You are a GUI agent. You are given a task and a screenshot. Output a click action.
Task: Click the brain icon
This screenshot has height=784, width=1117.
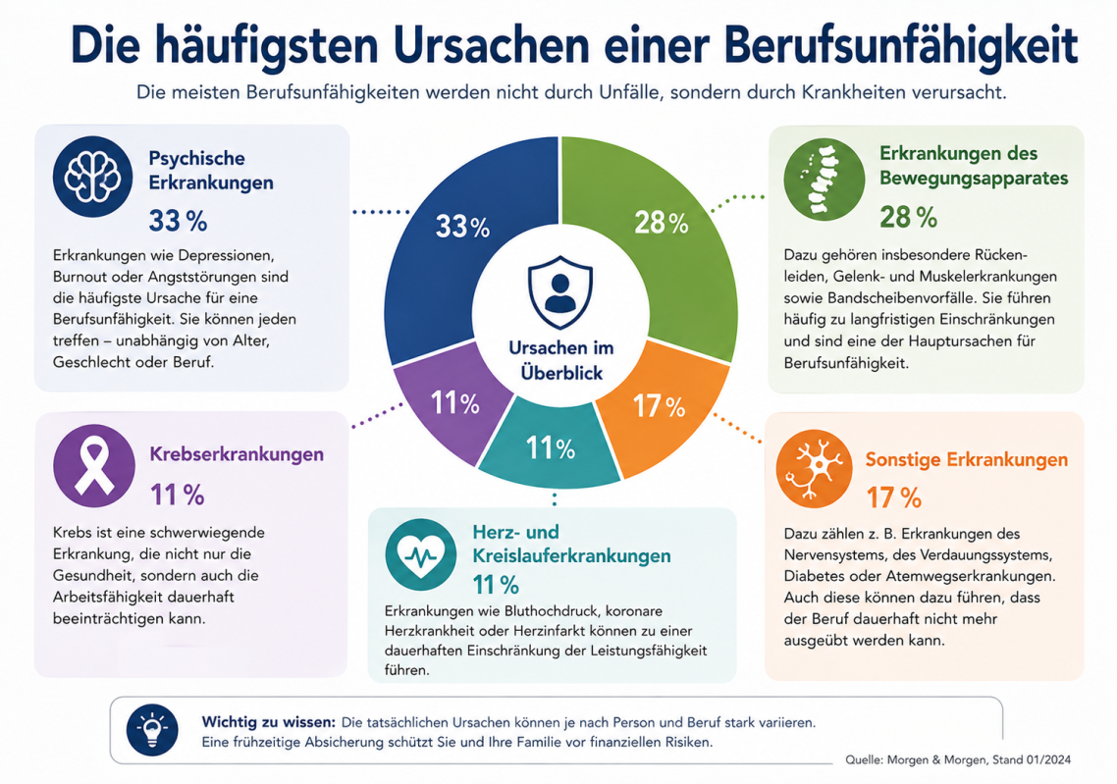[92, 177]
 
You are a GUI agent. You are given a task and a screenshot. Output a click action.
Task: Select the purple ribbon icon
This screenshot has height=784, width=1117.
[94, 466]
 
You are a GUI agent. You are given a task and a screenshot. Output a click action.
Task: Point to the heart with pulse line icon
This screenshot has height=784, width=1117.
[420, 554]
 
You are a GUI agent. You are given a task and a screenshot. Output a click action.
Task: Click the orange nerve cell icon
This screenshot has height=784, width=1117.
[815, 469]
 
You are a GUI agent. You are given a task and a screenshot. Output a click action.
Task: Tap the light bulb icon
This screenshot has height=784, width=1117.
[152, 730]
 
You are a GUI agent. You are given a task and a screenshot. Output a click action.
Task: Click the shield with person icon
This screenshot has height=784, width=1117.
[560, 292]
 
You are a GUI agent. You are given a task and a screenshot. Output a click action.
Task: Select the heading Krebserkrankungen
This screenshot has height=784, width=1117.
[237, 454]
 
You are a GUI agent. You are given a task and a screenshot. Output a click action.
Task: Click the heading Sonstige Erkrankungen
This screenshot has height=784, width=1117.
[967, 460]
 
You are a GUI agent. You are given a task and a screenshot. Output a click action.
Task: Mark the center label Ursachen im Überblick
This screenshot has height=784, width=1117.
[561, 360]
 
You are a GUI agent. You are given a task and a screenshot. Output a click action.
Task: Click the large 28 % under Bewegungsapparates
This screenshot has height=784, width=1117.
[908, 217]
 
